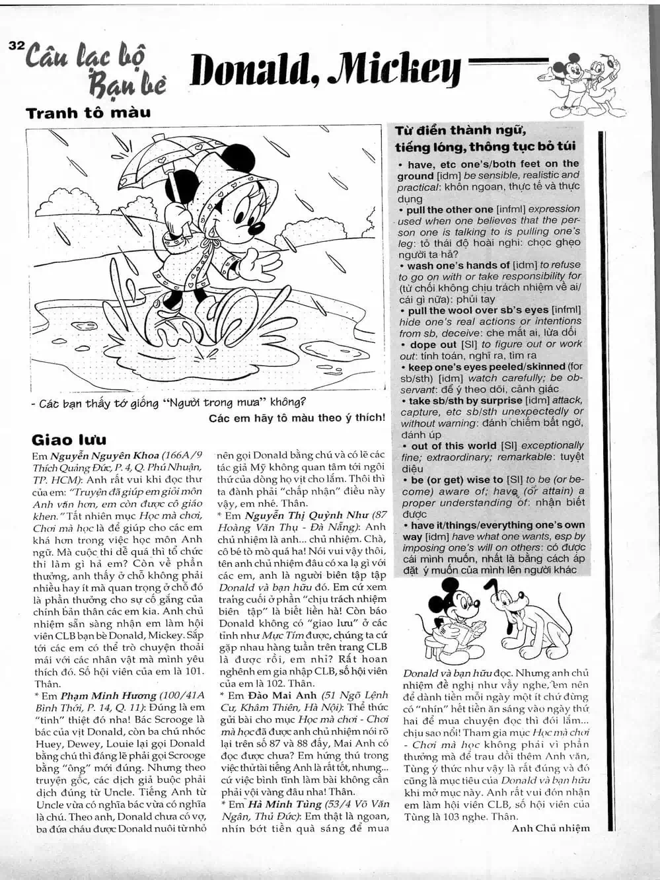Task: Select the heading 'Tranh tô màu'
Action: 88,113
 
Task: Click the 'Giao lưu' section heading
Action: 69,440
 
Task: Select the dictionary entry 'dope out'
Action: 433,344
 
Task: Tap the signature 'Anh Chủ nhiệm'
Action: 550,828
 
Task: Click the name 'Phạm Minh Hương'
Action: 108,696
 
